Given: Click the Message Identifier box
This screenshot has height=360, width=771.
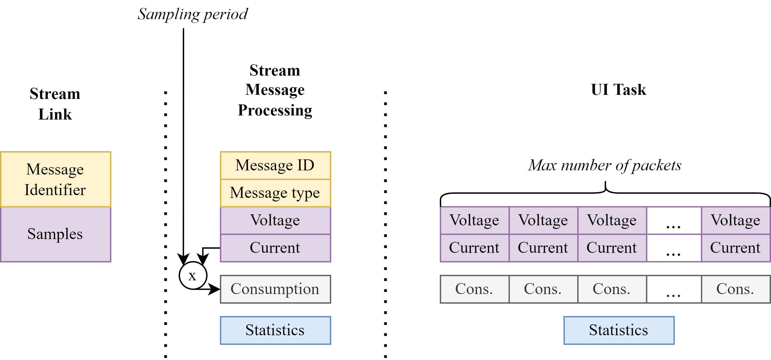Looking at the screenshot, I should (55, 179).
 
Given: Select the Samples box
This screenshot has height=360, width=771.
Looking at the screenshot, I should (55, 234).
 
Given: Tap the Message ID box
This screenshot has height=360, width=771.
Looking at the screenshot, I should (275, 165).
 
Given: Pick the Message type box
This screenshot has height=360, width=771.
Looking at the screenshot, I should (275, 193).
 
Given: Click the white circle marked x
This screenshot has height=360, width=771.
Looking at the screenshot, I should (193, 275).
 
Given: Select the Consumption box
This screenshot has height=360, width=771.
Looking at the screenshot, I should (275, 289).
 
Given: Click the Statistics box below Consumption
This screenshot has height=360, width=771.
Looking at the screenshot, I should (275, 330).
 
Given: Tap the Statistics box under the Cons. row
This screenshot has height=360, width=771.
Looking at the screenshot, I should (619, 330).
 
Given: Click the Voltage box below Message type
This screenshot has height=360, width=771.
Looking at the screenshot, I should (275, 220).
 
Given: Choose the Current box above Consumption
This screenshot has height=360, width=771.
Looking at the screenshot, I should (275, 248).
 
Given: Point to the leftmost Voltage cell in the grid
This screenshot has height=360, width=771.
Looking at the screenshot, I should (474, 220).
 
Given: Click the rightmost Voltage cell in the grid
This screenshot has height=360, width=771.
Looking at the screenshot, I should (735, 220).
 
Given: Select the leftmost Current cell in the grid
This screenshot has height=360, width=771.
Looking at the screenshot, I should (474, 248).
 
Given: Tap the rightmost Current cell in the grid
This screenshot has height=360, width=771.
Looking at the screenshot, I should (735, 248).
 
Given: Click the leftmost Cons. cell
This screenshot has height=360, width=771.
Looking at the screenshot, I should (474, 289).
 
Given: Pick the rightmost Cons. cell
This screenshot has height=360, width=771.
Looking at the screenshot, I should (735, 289).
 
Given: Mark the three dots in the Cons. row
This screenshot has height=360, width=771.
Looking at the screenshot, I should (673, 296).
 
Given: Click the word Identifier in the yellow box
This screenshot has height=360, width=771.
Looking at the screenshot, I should (55, 190).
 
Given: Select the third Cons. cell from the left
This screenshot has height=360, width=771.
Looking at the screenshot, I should (612, 289).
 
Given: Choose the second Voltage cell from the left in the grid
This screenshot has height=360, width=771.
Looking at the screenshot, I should (543, 220).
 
